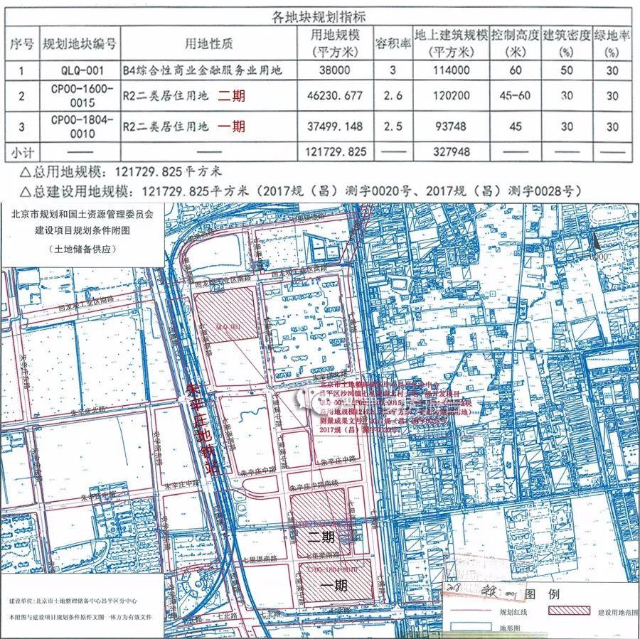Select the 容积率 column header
(x=393, y=43)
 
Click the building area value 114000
(x=452, y=70)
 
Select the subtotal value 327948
(x=452, y=152)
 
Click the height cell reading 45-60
(x=513, y=96)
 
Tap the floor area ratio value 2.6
(x=393, y=96)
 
